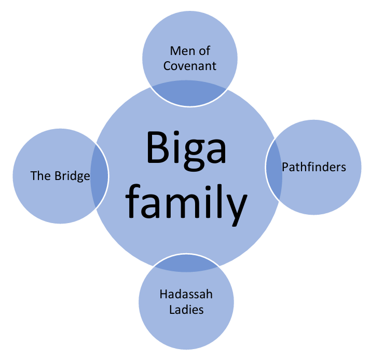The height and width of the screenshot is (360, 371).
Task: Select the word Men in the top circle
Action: [180, 51]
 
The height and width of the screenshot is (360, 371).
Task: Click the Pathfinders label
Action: [314, 167]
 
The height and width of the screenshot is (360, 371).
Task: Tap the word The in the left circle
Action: [39, 176]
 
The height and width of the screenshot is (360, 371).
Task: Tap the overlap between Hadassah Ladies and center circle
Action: [186, 262]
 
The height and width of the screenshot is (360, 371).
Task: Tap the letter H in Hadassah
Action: [162, 295]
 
